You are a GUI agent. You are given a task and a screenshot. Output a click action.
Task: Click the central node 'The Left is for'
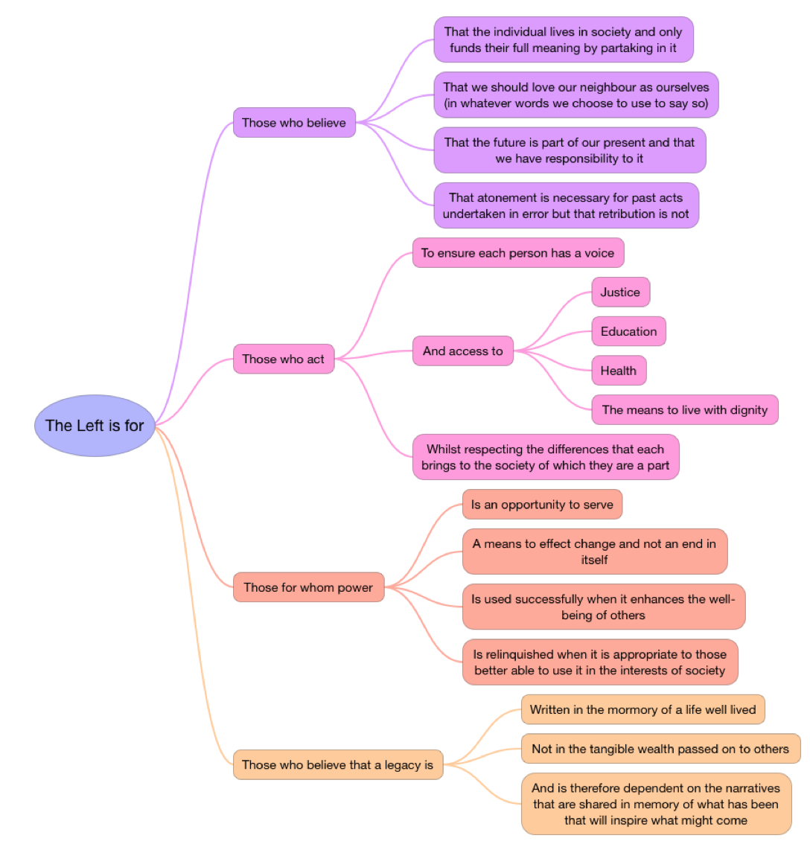coord(95,426)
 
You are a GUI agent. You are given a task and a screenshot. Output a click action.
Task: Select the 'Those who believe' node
coord(294,123)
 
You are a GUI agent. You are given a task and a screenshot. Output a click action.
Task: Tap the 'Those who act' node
coord(284,359)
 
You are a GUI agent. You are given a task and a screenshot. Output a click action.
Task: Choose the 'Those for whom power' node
coord(308,587)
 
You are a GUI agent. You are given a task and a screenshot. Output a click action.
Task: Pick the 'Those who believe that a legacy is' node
coord(337,764)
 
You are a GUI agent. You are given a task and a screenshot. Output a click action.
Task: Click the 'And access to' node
coord(462,351)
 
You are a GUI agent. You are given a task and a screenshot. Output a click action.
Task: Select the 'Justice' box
coord(620,292)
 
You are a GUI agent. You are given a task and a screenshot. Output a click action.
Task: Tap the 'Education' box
coord(628,331)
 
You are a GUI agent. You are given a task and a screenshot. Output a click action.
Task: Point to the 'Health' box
coord(618,371)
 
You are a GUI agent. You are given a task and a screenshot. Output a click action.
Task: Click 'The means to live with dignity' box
coord(684,409)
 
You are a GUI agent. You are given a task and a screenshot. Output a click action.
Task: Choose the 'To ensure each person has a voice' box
coord(517,253)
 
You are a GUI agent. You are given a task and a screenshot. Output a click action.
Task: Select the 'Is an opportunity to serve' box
coord(542,505)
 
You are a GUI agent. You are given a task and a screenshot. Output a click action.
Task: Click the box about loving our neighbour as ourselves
coord(576,95)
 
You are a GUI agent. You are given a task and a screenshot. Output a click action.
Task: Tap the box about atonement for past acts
coord(566,205)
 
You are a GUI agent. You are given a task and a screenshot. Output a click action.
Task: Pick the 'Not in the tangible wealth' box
coord(660,749)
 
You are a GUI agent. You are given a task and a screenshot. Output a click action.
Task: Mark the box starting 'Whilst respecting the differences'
coord(546,457)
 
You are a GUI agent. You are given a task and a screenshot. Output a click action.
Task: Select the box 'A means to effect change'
coord(594,552)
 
